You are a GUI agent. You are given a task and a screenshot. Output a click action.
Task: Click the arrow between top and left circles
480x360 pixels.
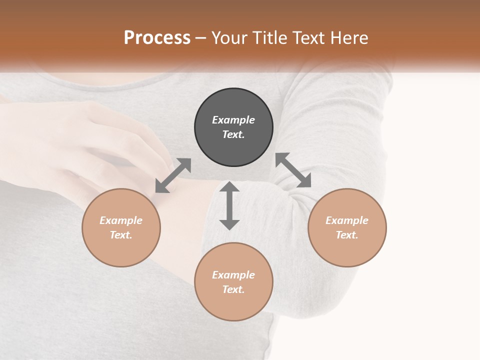point(173,175)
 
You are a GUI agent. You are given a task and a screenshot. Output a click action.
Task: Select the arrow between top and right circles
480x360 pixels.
point(293,170)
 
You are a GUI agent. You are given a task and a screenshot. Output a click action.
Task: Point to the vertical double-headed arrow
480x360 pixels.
point(229,205)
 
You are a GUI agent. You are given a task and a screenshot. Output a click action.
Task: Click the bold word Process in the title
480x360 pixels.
point(157,38)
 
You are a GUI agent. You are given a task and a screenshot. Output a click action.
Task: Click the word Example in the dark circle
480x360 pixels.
point(233,120)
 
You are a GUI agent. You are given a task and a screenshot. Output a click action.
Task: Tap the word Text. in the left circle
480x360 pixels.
point(121,235)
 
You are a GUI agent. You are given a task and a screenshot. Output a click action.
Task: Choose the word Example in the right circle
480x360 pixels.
point(347,220)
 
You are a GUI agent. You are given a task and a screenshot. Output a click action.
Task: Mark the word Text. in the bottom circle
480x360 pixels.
point(233,289)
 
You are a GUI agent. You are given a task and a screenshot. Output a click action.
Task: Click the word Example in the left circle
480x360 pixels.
point(121,220)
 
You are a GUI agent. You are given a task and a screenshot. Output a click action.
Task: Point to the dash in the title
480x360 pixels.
point(201,38)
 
